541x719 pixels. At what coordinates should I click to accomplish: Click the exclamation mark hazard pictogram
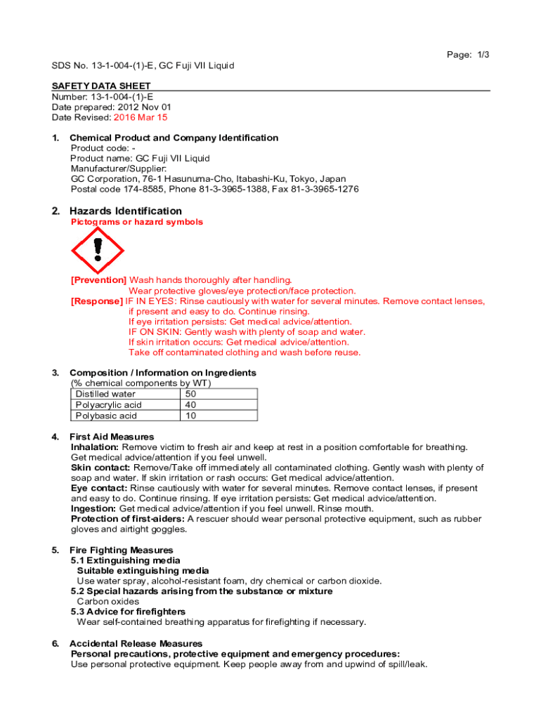coord(98,251)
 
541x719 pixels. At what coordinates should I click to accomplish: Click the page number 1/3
coord(468,55)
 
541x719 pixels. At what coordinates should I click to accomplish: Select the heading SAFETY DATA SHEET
coord(101,86)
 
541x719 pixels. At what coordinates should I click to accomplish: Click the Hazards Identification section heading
coord(126,211)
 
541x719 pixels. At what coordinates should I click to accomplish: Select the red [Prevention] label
coord(98,280)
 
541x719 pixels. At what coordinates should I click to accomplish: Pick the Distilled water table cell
coord(105,394)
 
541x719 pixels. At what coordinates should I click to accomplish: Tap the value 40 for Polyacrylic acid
coord(190,405)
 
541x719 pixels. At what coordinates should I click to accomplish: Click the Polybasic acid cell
coord(106,416)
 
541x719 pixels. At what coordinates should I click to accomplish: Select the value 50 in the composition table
coord(190,394)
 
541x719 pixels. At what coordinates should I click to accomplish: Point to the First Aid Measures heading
coord(112,437)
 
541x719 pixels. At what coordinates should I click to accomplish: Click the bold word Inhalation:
coord(96,447)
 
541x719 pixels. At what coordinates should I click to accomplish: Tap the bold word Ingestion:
coord(94,508)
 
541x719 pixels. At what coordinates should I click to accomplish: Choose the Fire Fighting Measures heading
coord(122,550)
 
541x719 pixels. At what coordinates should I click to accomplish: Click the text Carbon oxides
coord(108,602)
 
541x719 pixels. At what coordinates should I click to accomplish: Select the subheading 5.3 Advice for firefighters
coord(128,612)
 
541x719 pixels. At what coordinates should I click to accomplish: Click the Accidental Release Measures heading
coord(136,643)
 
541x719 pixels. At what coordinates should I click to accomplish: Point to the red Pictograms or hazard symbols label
coord(137,223)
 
